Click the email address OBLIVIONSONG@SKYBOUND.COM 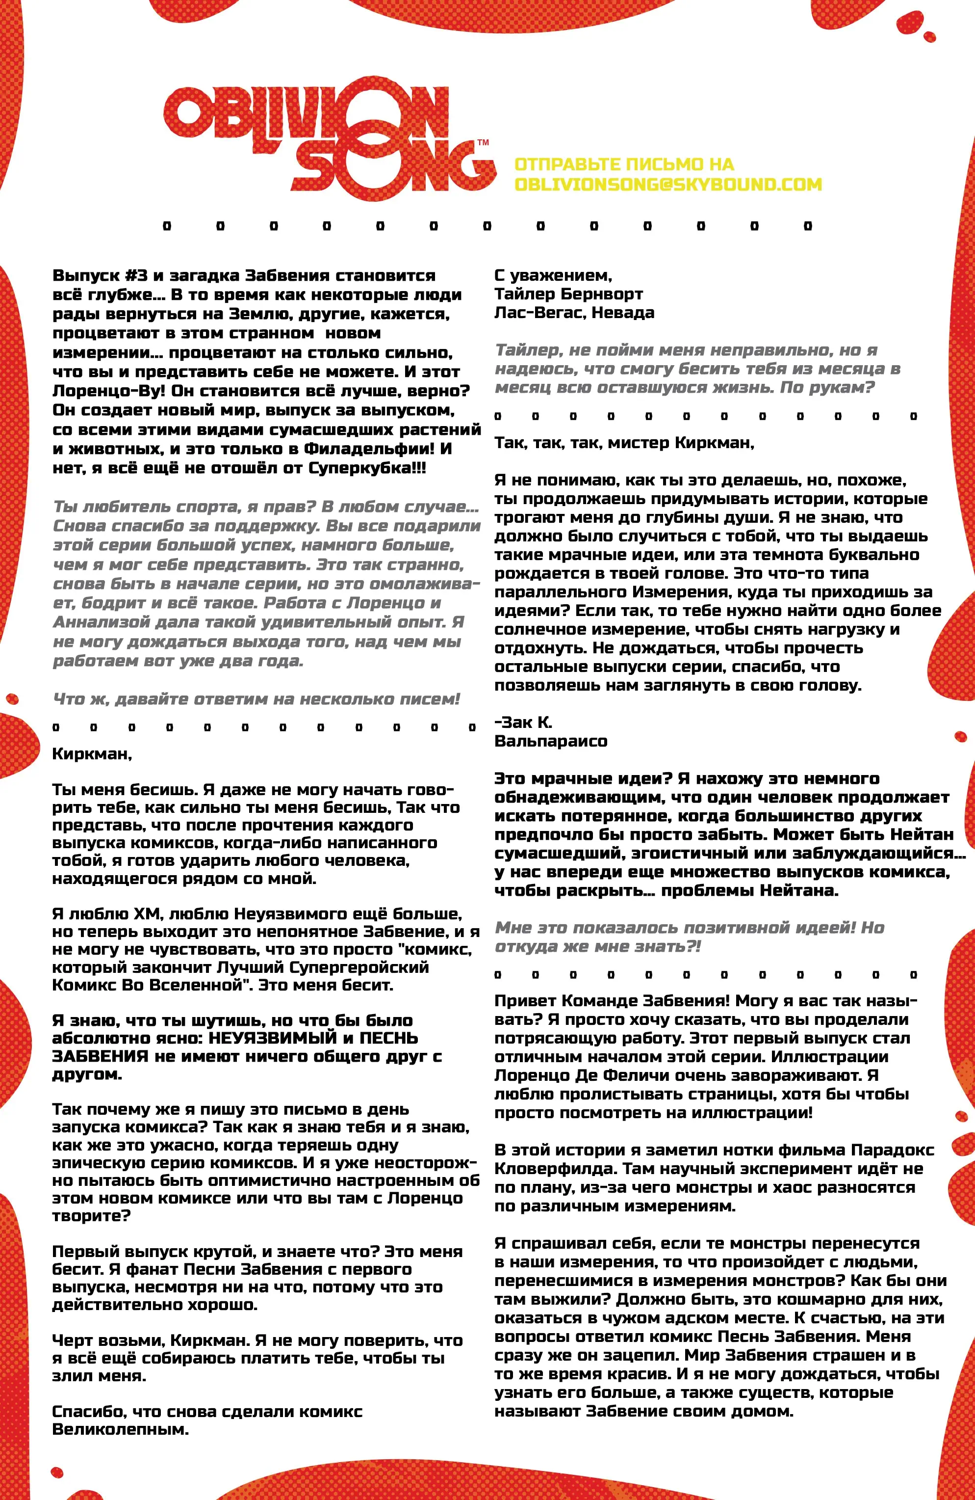[x=667, y=185]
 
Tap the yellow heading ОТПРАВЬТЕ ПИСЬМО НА [x=623, y=164]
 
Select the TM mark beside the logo [x=483, y=142]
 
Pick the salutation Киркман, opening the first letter [x=92, y=754]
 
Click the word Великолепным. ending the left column [x=120, y=1429]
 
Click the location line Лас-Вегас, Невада [x=574, y=313]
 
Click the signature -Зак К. [x=523, y=723]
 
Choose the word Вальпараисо [x=550, y=741]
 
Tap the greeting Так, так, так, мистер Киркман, [x=623, y=443]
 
